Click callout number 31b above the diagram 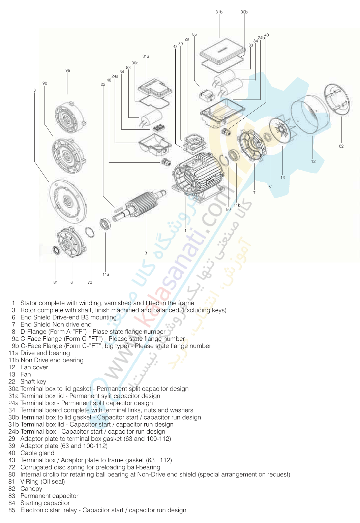point(219,12)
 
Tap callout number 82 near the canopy point(341,146)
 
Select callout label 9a point(67,70)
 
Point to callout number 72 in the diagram point(90,282)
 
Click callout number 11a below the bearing point(106,274)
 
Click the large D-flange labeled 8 point(67,202)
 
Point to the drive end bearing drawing point(105,224)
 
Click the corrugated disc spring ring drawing point(89,232)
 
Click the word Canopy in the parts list point(31,489)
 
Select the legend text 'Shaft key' point(33,381)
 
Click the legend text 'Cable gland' point(37,453)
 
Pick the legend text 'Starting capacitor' point(45,503)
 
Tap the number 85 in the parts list point(12,510)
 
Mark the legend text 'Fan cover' point(34,367)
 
